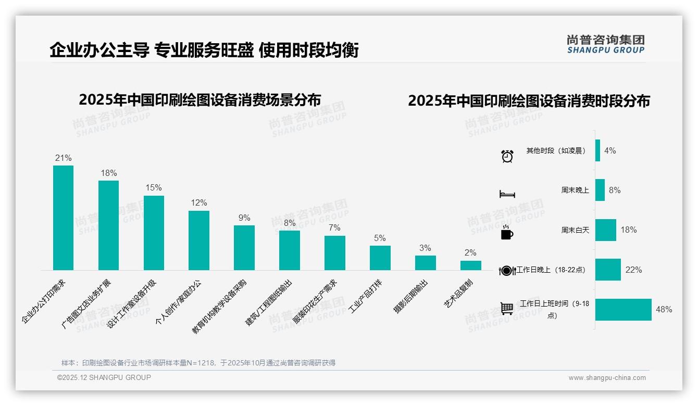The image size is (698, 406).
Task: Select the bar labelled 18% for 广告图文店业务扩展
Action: click(x=108, y=225)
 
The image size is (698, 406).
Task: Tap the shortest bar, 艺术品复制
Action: click(x=470, y=265)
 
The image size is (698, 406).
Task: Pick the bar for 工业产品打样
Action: click(x=380, y=258)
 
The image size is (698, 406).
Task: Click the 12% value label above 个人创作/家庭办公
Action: click(x=198, y=203)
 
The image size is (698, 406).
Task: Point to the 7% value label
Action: click(x=334, y=228)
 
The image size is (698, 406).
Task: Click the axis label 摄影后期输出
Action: click(x=411, y=296)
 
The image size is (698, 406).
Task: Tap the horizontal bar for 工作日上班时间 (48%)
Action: click(x=623, y=310)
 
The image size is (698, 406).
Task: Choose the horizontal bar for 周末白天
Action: click(x=605, y=230)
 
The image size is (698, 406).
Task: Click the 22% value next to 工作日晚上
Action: click(x=633, y=270)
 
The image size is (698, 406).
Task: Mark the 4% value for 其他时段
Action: click(x=610, y=151)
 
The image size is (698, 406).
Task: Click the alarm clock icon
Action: click(x=507, y=156)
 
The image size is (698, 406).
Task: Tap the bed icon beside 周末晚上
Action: click(x=507, y=194)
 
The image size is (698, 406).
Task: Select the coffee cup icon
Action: click(x=507, y=233)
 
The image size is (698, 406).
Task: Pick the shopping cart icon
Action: click(x=507, y=309)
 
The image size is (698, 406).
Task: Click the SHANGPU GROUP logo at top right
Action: click(x=605, y=44)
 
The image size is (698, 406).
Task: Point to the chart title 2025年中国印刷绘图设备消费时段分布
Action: click(x=529, y=101)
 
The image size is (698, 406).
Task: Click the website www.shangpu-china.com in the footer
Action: click(x=607, y=378)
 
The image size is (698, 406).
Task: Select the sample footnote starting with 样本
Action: click(x=198, y=363)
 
